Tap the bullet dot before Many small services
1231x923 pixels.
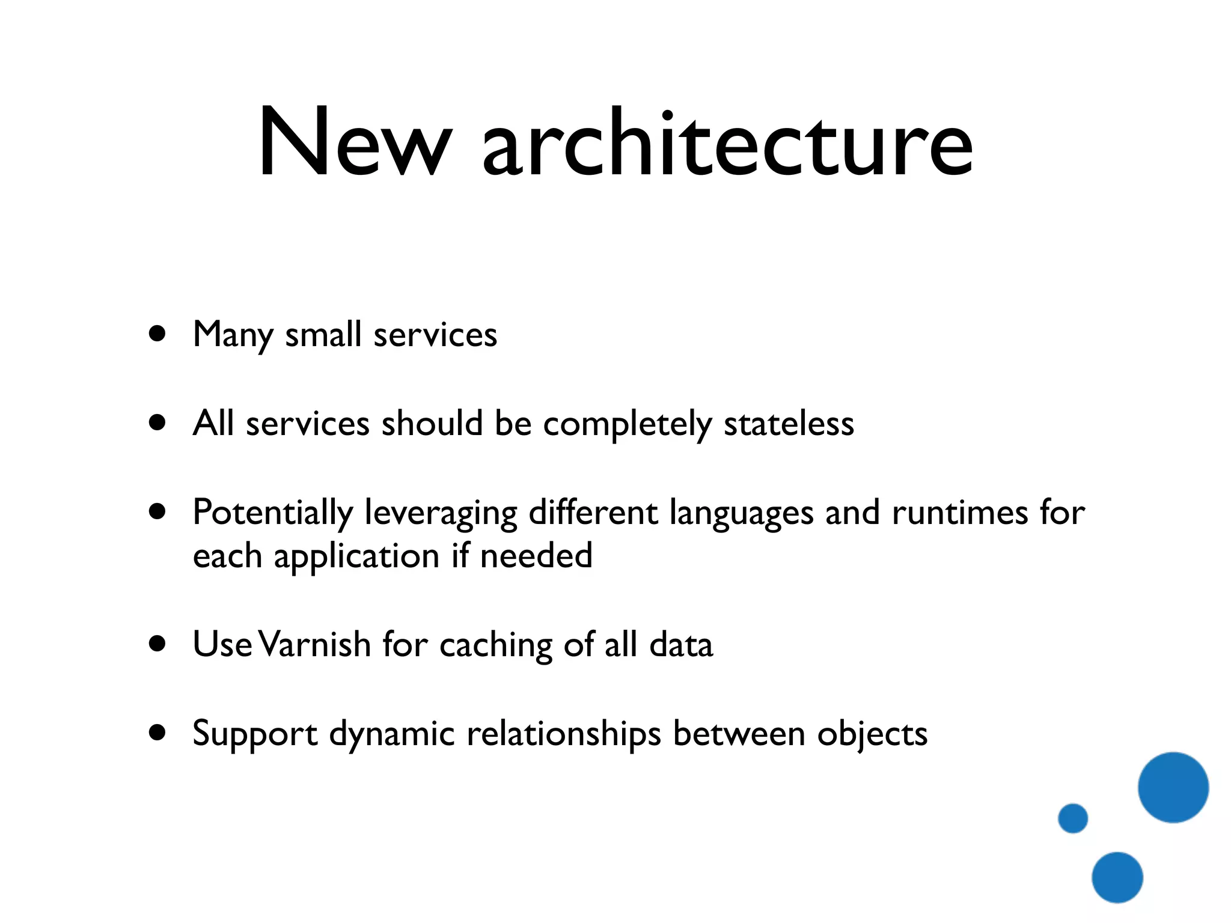[x=157, y=334]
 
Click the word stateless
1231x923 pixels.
[x=789, y=424]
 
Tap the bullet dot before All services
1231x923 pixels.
[x=157, y=422]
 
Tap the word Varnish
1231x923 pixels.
[x=317, y=645]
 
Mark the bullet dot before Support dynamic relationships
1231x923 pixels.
[x=157, y=733]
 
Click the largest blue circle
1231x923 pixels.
[x=1173, y=787]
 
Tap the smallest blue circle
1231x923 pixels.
[x=1073, y=818]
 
